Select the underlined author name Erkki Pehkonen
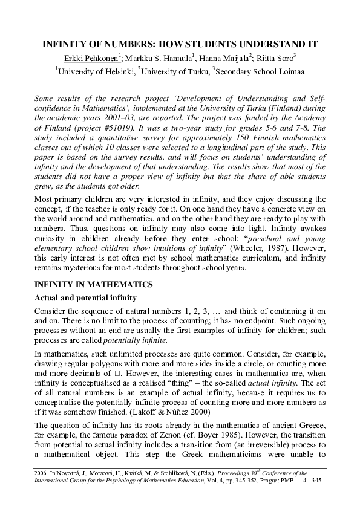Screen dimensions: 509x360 (x=91, y=58)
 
